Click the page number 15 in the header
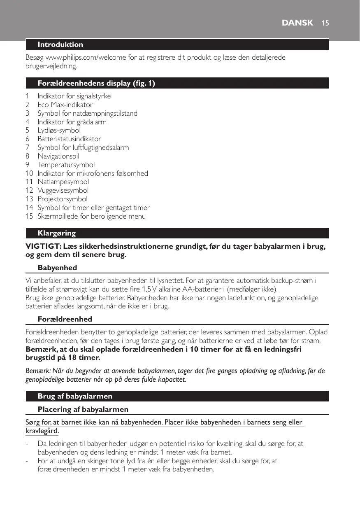pyautogui.click(x=325, y=23)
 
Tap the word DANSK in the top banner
pyautogui.click(x=297, y=23)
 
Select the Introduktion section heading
pyautogui.click(x=60, y=44)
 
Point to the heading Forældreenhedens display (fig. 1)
pyautogui.click(x=96, y=83)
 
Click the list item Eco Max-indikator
pyautogui.click(x=65, y=105)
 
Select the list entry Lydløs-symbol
pyautogui.click(x=59, y=130)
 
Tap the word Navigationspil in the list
pyautogui.click(x=58, y=156)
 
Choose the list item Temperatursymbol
pyautogui.click(x=66, y=165)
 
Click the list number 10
pyautogui.click(x=29, y=173)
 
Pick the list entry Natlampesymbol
pyautogui.click(x=63, y=182)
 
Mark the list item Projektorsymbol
pyautogui.click(x=62, y=199)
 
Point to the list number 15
pyautogui.click(x=29, y=216)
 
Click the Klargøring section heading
pyautogui.click(x=57, y=233)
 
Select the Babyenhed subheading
pyautogui.click(x=57, y=268)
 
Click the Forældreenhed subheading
pyautogui.click(x=65, y=319)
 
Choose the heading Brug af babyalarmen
pyautogui.click(x=75, y=396)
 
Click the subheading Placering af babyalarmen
pyautogui.click(x=83, y=409)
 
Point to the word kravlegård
pyautogui.click(x=42, y=431)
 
